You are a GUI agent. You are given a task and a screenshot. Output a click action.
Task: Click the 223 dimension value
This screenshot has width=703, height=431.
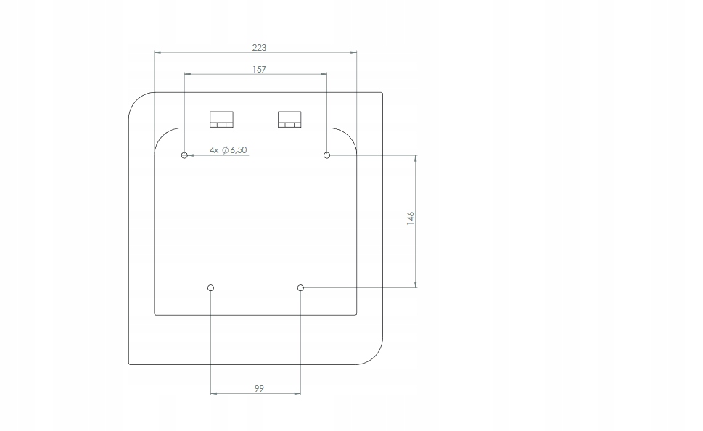[259, 47]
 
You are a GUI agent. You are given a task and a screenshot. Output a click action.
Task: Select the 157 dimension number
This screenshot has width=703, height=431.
[259, 70]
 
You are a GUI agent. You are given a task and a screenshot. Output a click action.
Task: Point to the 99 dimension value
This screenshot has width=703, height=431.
[259, 389]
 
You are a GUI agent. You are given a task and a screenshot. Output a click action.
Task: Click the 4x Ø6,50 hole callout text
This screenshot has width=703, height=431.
[229, 149]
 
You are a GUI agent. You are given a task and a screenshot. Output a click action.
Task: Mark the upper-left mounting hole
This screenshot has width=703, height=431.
[185, 155]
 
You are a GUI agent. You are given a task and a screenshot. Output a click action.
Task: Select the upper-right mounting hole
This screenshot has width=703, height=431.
[327, 155]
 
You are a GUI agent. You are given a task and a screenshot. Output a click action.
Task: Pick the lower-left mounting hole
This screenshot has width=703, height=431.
[210, 288]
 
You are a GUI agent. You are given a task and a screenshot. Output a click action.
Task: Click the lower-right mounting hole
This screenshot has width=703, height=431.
[300, 288]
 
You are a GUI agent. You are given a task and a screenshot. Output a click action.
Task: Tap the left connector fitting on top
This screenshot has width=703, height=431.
[221, 119]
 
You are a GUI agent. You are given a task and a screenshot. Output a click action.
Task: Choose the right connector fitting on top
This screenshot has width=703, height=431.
[289, 119]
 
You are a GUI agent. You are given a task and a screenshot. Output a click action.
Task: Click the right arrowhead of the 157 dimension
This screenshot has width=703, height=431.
[324, 74]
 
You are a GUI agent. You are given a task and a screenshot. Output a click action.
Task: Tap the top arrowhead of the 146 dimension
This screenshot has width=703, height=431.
[416, 158]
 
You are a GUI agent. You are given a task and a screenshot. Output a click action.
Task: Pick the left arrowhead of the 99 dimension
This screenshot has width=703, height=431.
[214, 394]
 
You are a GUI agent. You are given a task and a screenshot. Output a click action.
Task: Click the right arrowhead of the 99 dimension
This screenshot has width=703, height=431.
[297, 394]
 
